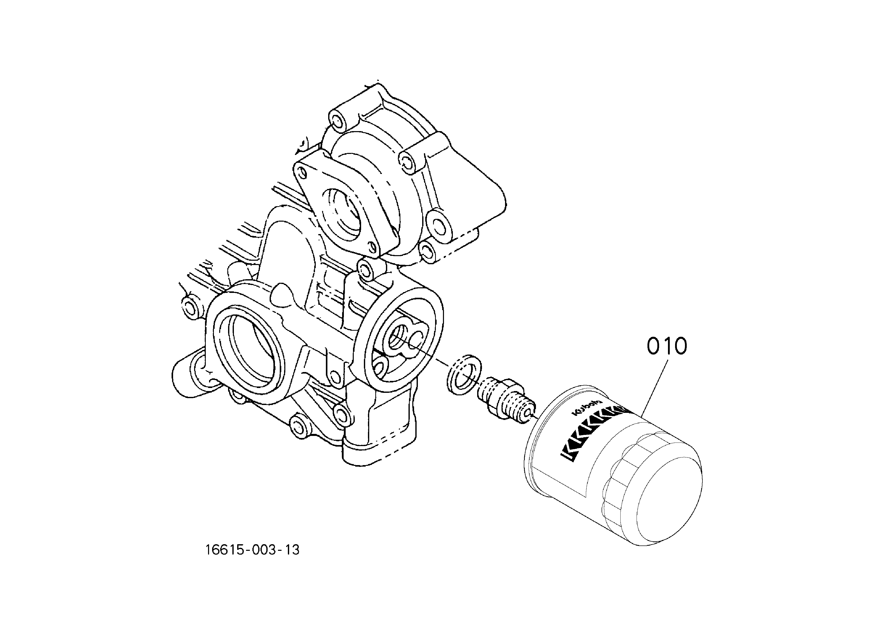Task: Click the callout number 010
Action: click(667, 346)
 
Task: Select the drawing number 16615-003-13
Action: click(252, 550)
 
